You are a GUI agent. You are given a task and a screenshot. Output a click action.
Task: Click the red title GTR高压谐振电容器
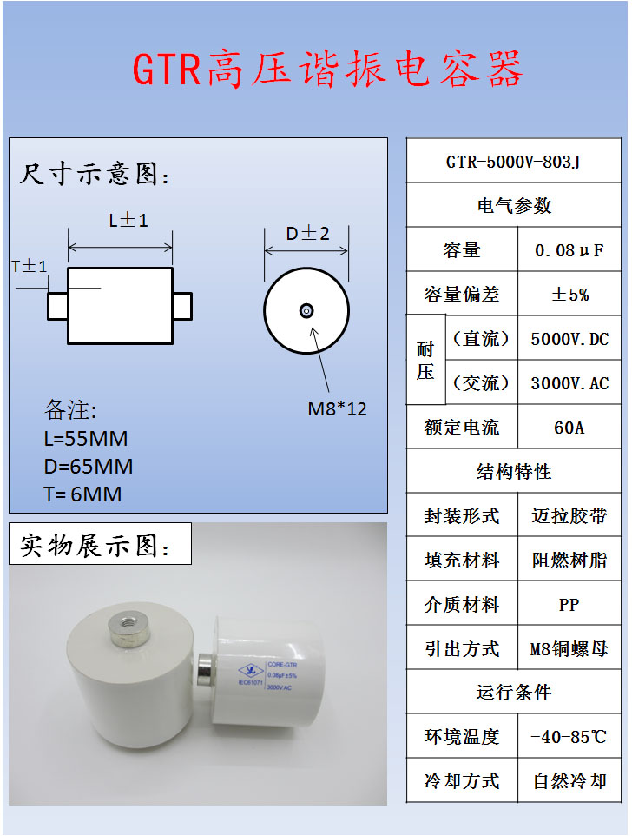pyautogui.click(x=327, y=70)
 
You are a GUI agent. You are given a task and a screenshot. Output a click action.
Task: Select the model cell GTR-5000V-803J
pyautogui.click(x=514, y=161)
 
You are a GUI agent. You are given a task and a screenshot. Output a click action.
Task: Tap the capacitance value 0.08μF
pyautogui.click(x=569, y=250)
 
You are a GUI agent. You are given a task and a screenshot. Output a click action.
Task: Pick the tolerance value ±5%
pyautogui.click(x=569, y=295)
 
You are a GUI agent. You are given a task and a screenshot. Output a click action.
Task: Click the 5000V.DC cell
pyautogui.click(x=569, y=339)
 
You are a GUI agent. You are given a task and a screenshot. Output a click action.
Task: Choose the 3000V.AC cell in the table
pyautogui.click(x=569, y=383)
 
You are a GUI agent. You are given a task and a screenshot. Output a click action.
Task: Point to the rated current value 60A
pyautogui.click(x=569, y=428)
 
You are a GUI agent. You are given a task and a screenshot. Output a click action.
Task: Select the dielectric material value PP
pyautogui.click(x=569, y=605)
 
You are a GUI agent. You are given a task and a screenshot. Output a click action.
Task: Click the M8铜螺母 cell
pyautogui.click(x=569, y=649)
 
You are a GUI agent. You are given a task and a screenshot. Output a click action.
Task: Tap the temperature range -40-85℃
pyautogui.click(x=569, y=737)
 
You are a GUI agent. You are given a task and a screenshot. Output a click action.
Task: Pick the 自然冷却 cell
pyautogui.click(x=569, y=781)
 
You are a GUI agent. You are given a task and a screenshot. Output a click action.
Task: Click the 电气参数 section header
pyautogui.click(x=514, y=206)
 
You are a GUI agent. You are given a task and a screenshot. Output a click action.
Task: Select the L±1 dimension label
pyautogui.click(x=128, y=221)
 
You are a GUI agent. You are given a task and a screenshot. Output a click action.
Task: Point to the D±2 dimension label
pyautogui.click(x=308, y=233)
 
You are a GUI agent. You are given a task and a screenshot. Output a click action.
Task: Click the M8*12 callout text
pyautogui.click(x=338, y=408)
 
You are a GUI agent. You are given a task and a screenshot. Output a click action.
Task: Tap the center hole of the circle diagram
pyautogui.click(x=306, y=310)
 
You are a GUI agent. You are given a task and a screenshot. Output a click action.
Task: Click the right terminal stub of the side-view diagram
pyautogui.click(x=182, y=306)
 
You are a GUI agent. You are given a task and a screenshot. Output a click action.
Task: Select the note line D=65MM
pyautogui.click(x=89, y=467)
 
